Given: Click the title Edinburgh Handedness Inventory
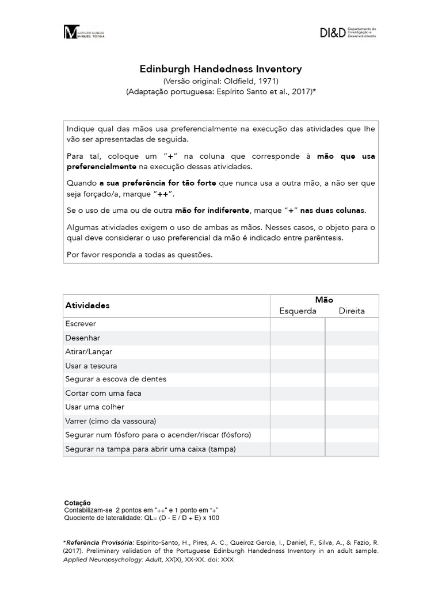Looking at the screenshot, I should pyautogui.click(x=221, y=69).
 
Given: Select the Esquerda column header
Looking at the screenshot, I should pyautogui.click(x=298, y=311).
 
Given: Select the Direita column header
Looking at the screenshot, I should pyautogui.click(x=351, y=311).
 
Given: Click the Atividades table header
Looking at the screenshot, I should pyautogui.click(x=87, y=305).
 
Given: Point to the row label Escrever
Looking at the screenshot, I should pyautogui.click(x=81, y=324).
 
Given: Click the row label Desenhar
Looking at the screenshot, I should pyautogui.click(x=83, y=338).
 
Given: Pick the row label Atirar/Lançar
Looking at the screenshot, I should pyautogui.click(x=89, y=352).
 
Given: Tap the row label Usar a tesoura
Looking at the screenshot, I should pyautogui.click(x=92, y=366).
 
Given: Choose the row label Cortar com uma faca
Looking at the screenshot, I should pyautogui.click(x=104, y=393).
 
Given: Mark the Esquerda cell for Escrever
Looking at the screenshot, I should pyautogui.click(x=298, y=324).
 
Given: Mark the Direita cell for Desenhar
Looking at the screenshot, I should pyautogui.click(x=352, y=338).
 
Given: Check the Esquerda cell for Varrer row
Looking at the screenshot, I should pyautogui.click(x=298, y=421).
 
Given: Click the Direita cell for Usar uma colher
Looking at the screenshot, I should pyautogui.click(x=352, y=407).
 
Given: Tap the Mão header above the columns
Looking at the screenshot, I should pyautogui.click(x=324, y=300).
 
